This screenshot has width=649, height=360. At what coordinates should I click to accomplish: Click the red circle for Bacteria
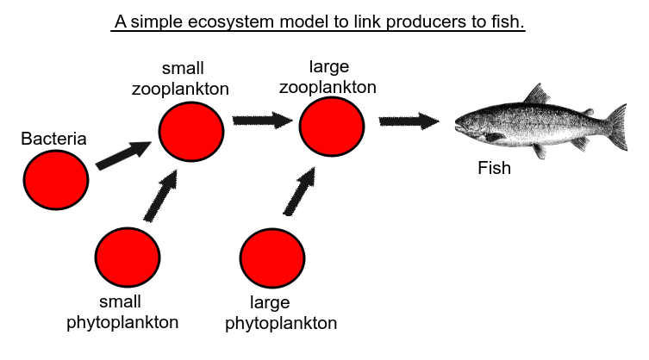56,180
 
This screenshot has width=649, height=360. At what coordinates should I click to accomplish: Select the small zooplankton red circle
191,131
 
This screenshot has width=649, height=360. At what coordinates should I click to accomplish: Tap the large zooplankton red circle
332,126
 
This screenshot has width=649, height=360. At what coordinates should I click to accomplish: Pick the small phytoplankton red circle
128,258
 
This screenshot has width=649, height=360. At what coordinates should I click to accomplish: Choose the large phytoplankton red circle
272,258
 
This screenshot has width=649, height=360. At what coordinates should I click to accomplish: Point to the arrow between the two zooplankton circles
262,120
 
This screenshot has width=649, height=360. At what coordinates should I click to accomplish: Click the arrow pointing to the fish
409,121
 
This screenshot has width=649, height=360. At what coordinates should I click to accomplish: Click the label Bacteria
53,139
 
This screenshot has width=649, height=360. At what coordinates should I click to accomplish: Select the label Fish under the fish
494,169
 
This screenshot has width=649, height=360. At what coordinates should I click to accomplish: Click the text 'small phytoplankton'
122,312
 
